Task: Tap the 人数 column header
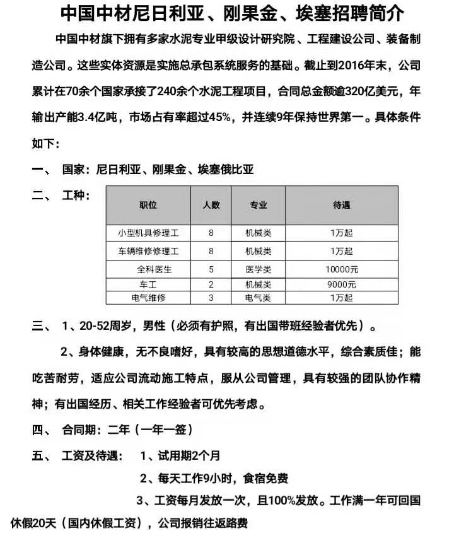point(211,205)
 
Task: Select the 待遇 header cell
point(341,205)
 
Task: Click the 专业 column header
point(259,205)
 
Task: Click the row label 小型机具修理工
point(149,233)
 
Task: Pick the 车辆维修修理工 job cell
point(149,251)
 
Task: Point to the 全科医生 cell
point(149,269)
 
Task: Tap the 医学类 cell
point(259,269)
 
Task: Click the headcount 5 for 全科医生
point(211,269)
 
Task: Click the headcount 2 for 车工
point(211,284)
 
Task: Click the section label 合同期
point(78,430)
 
